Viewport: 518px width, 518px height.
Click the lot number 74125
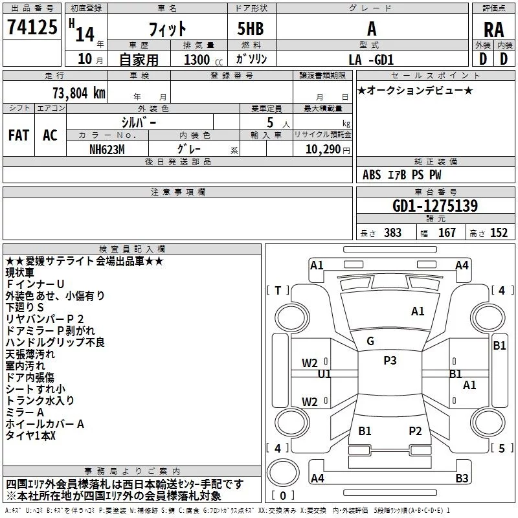32,27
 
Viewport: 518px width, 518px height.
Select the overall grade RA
493,30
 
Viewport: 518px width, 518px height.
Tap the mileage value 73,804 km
79,93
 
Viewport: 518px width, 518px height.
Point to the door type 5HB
251,28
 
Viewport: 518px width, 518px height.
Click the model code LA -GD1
371,60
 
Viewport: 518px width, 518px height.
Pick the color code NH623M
107,150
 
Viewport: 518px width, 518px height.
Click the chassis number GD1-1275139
435,206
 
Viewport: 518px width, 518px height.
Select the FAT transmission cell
19,135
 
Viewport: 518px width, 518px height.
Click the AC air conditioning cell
50,135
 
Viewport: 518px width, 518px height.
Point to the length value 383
392,233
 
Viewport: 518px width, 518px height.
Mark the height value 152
499,233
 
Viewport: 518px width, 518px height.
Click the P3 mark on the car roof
390,361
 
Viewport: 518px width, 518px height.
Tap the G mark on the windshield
370,341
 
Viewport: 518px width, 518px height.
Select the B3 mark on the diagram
462,478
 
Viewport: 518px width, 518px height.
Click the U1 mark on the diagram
324,374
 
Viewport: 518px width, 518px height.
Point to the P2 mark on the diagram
415,431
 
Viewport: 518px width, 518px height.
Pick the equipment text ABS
372,175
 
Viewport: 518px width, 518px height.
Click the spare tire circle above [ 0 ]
283,473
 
